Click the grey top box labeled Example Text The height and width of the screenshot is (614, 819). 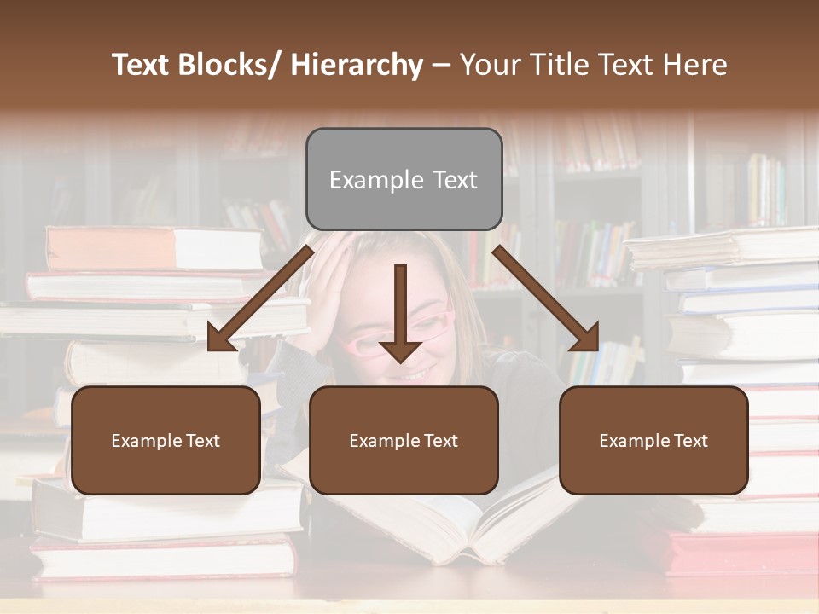(404, 179)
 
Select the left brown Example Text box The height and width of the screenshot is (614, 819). (166, 440)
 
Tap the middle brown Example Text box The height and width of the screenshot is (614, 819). (404, 440)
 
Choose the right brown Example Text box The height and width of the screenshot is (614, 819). (653, 440)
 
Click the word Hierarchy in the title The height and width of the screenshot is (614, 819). (356, 65)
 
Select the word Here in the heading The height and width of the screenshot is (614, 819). (694, 65)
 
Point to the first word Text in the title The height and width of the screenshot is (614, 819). (142, 65)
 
